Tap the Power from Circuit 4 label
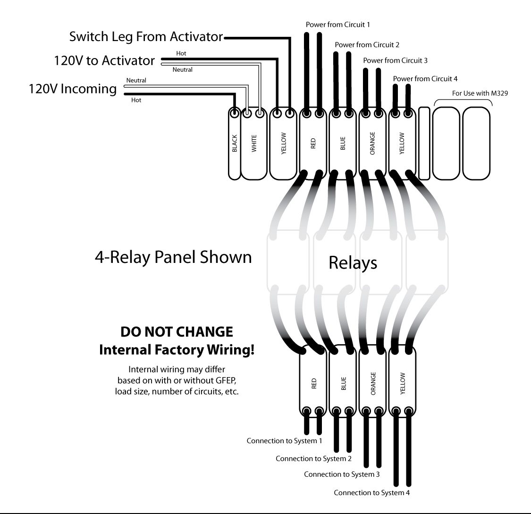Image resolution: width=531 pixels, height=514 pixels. pyautogui.click(x=425, y=78)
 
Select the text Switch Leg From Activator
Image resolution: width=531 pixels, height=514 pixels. pyautogui.click(x=146, y=36)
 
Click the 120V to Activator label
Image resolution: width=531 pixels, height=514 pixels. pyautogui.click(x=104, y=60)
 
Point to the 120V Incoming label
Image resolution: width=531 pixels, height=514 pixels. pyautogui.click(x=73, y=89)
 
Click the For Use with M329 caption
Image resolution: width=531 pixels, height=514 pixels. pyautogui.click(x=480, y=93)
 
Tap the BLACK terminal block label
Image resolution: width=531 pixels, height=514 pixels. pyautogui.click(x=235, y=143)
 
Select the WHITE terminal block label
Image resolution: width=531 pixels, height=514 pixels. pyautogui.click(x=254, y=143)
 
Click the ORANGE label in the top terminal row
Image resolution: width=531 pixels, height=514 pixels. pyautogui.click(x=372, y=143)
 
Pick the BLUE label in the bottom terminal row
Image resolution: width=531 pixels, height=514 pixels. pyautogui.click(x=343, y=383)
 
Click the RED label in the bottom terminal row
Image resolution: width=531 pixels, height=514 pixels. pyautogui.click(x=314, y=383)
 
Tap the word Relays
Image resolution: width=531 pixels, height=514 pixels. pyautogui.click(x=353, y=263)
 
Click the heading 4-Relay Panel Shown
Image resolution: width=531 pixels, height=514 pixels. pyautogui.click(x=173, y=258)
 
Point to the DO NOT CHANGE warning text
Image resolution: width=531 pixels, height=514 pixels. pyautogui.click(x=177, y=332)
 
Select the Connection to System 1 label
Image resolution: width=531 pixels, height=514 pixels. pyautogui.click(x=284, y=441)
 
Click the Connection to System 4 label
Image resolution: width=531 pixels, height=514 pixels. pyautogui.click(x=372, y=493)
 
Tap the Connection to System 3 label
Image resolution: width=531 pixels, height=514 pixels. pyautogui.click(x=342, y=474)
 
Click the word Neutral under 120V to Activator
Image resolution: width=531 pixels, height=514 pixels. pyautogui.click(x=182, y=70)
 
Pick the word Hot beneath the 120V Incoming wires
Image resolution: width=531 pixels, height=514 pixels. pyautogui.click(x=136, y=100)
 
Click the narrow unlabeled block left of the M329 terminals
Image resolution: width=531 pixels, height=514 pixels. pyautogui.click(x=424, y=143)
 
